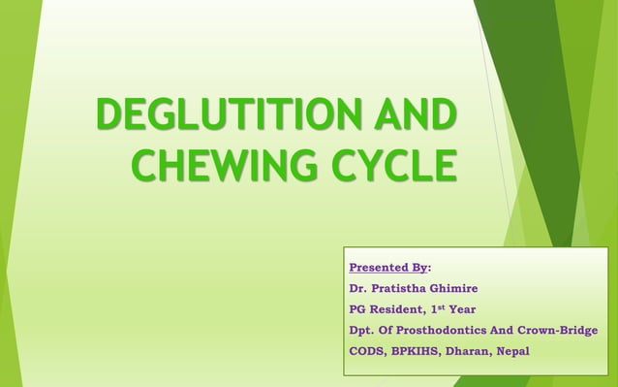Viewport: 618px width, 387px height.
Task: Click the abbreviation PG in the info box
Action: [x=357, y=309]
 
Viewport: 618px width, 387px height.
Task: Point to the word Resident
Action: [x=397, y=309]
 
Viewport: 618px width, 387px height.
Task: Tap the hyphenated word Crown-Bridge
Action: [x=556, y=331]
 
